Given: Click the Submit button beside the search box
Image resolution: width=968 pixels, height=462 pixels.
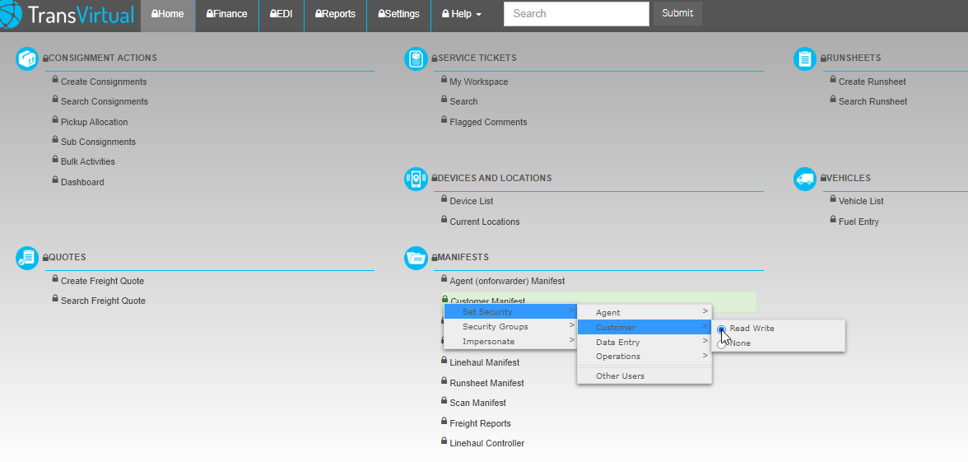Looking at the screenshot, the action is (x=677, y=13).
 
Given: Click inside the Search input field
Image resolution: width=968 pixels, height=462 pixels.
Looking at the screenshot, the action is (x=576, y=13).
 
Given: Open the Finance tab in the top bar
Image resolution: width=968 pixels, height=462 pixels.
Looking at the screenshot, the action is (x=226, y=14).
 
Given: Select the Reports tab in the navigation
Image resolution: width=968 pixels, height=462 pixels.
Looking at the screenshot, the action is (x=335, y=14).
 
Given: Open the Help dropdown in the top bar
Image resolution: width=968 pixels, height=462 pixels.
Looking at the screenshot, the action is (x=462, y=14).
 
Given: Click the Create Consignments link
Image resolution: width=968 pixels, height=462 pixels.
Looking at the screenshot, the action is (x=104, y=82).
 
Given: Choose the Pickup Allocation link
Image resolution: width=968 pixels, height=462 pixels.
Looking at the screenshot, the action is (x=95, y=122).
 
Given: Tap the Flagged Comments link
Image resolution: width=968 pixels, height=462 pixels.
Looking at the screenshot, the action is (x=488, y=122).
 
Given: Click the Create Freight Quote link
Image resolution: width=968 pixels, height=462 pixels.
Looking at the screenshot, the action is (x=102, y=281).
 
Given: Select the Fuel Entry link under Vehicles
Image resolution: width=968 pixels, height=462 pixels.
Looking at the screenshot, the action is (x=859, y=222).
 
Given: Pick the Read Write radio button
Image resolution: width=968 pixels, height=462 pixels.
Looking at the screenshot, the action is (x=722, y=329).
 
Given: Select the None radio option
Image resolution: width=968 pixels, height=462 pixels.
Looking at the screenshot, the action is (x=722, y=343).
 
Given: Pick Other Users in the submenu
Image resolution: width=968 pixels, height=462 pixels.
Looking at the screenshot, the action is (x=620, y=376).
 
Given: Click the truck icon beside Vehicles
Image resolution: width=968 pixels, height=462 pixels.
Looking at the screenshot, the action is (x=805, y=180).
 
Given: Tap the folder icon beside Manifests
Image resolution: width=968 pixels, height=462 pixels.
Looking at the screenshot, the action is (x=417, y=259).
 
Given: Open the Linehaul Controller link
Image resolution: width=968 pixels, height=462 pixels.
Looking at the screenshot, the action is (x=487, y=443).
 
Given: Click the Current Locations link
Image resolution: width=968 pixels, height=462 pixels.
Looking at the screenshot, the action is (x=485, y=222).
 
